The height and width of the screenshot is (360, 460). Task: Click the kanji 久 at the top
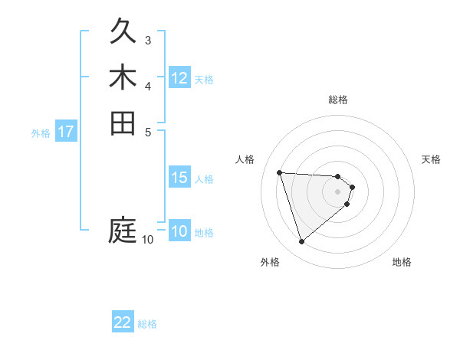(123, 32)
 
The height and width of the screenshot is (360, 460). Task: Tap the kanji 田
(123, 123)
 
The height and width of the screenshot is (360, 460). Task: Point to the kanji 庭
(123, 230)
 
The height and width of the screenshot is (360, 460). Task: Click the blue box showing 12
(179, 78)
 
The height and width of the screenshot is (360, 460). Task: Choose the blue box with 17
(66, 132)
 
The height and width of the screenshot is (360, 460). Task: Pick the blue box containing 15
(179, 178)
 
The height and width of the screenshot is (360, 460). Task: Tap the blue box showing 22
(123, 322)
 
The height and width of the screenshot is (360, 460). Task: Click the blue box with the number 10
(179, 231)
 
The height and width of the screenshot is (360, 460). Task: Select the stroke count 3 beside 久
(147, 40)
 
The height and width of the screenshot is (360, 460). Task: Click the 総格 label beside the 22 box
(147, 324)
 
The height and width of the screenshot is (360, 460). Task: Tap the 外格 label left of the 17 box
(41, 133)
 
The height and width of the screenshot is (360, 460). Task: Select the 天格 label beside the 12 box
(204, 80)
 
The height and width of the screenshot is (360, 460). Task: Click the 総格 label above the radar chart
(338, 100)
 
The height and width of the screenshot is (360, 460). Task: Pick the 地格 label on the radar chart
(402, 262)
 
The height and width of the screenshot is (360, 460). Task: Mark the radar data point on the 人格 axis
(280, 172)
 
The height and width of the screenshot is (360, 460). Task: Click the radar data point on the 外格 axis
(301, 242)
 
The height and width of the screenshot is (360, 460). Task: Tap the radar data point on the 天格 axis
(352, 187)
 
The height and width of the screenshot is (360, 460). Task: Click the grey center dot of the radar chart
(338, 191)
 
